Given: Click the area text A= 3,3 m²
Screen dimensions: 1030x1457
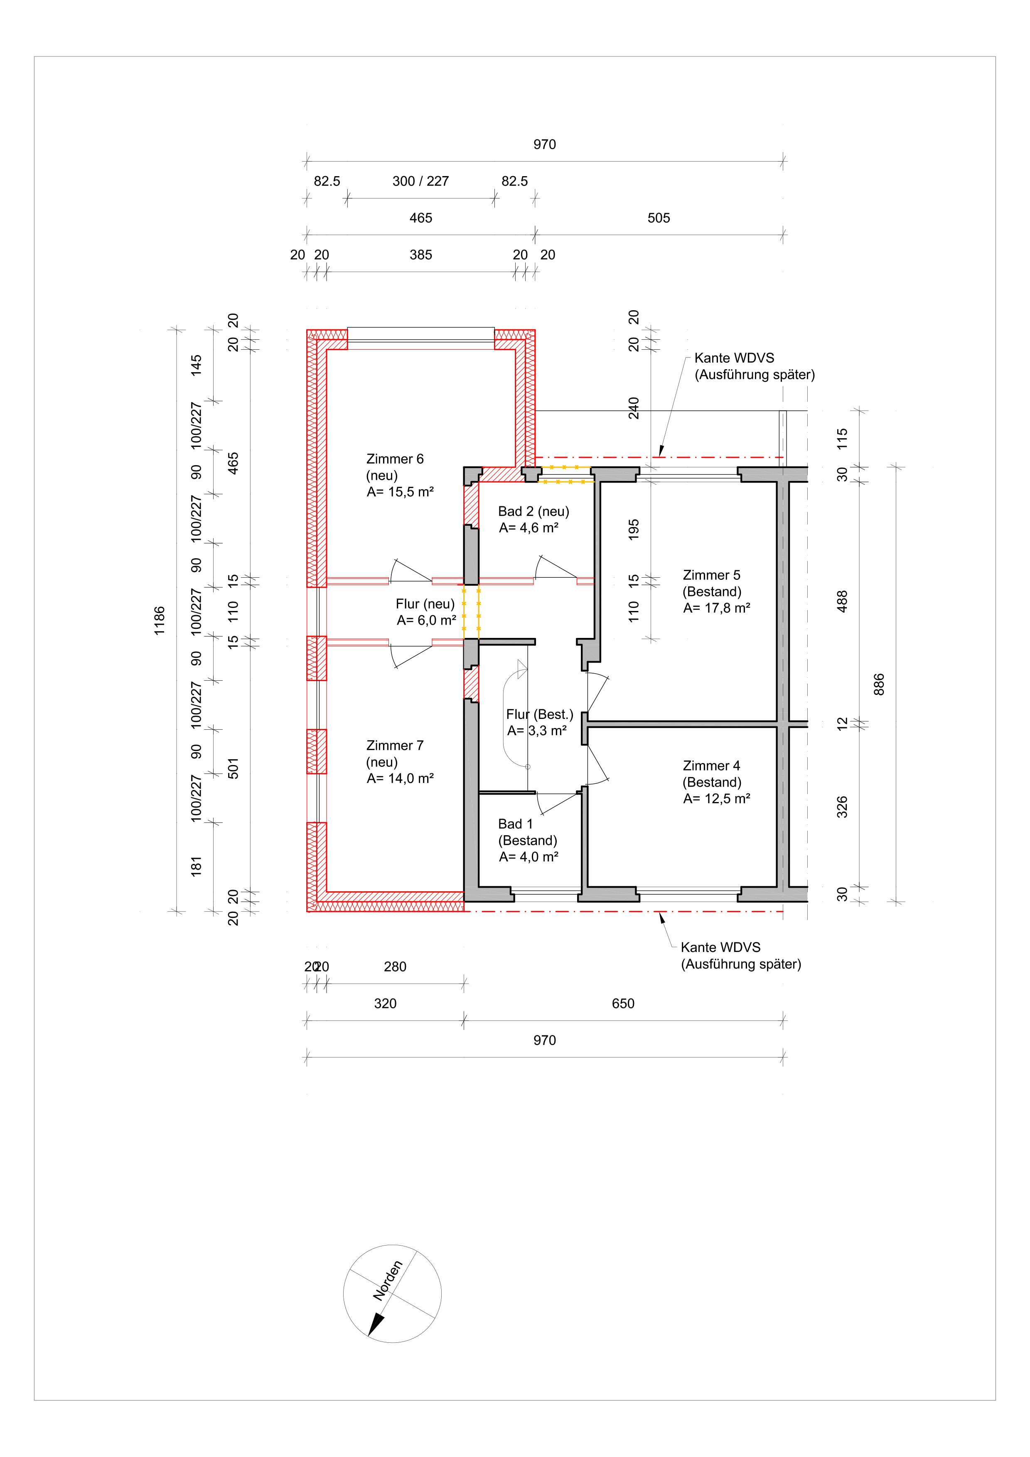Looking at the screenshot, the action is [x=537, y=731].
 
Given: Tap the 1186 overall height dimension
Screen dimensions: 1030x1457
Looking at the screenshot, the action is [x=159, y=620].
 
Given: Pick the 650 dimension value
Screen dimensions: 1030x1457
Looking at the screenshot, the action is [x=623, y=1003].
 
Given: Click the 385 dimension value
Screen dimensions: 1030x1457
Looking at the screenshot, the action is [x=421, y=255].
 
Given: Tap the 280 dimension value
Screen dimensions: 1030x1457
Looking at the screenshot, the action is [x=395, y=966].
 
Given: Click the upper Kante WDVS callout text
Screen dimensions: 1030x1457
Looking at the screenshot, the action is [x=754, y=366].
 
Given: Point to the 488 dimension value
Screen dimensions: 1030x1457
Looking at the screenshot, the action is [x=842, y=601].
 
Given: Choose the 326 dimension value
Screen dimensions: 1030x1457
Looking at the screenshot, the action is [x=842, y=807].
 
